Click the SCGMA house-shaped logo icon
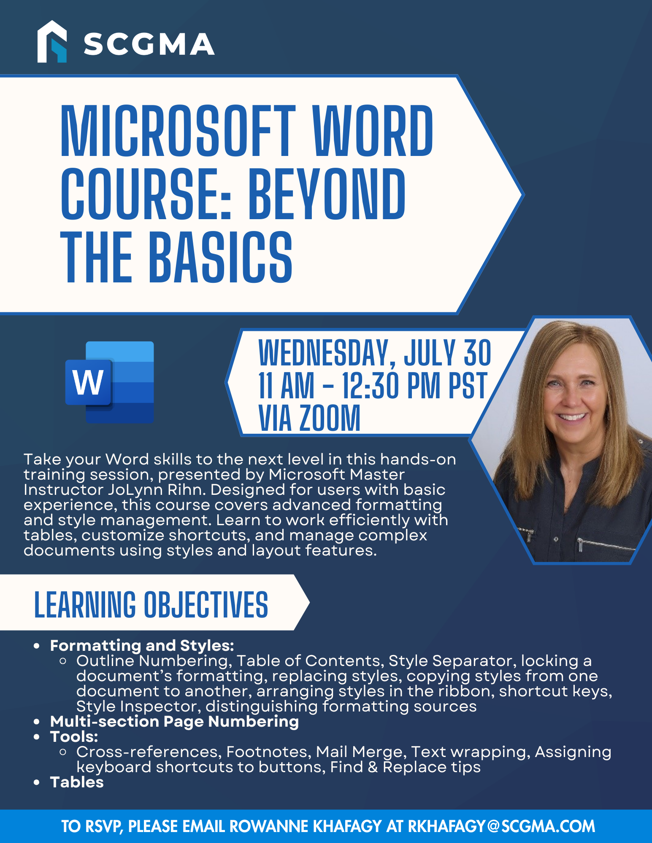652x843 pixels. tap(52, 42)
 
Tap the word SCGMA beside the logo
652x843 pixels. tap(149, 44)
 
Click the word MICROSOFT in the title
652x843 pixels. tap(178, 131)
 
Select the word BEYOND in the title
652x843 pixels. tap(327, 194)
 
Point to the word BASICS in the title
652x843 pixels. tap(221, 257)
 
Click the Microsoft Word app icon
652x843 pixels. tap(110, 382)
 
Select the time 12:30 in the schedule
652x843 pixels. tap(370, 385)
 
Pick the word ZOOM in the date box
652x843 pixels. tap(330, 418)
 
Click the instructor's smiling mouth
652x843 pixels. tap(572, 416)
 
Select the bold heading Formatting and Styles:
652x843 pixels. tap(142, 645)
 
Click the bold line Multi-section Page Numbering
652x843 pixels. tap(174, 722)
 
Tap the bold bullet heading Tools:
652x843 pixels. tap(74, 737)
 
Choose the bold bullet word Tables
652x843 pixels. tap(77, 782)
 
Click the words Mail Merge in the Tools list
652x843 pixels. tap(361, 752)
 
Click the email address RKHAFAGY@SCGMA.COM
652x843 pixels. tap(501, 826)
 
